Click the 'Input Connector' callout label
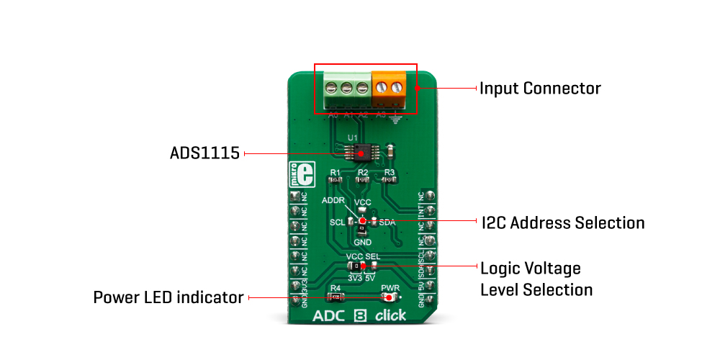click(x=540, y=89)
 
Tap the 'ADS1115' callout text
click(x=204, y=153)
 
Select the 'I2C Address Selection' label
click(x=563, y=222)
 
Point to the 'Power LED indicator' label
click(x=168, y=297)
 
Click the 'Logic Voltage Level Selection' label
click(x=536, y=279)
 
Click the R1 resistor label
click(x=335, y=172)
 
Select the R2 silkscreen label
click(x=363, y=172)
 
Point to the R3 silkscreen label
click(x=390, y=172)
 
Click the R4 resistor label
click(x=335, y=287)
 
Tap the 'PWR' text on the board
click(x=389, y=287)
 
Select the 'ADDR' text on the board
click(x=333, y=199)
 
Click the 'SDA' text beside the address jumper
click(x=387, y=222)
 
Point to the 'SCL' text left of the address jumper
click(x=338, y=222)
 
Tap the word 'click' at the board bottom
click(x=390, y=315)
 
